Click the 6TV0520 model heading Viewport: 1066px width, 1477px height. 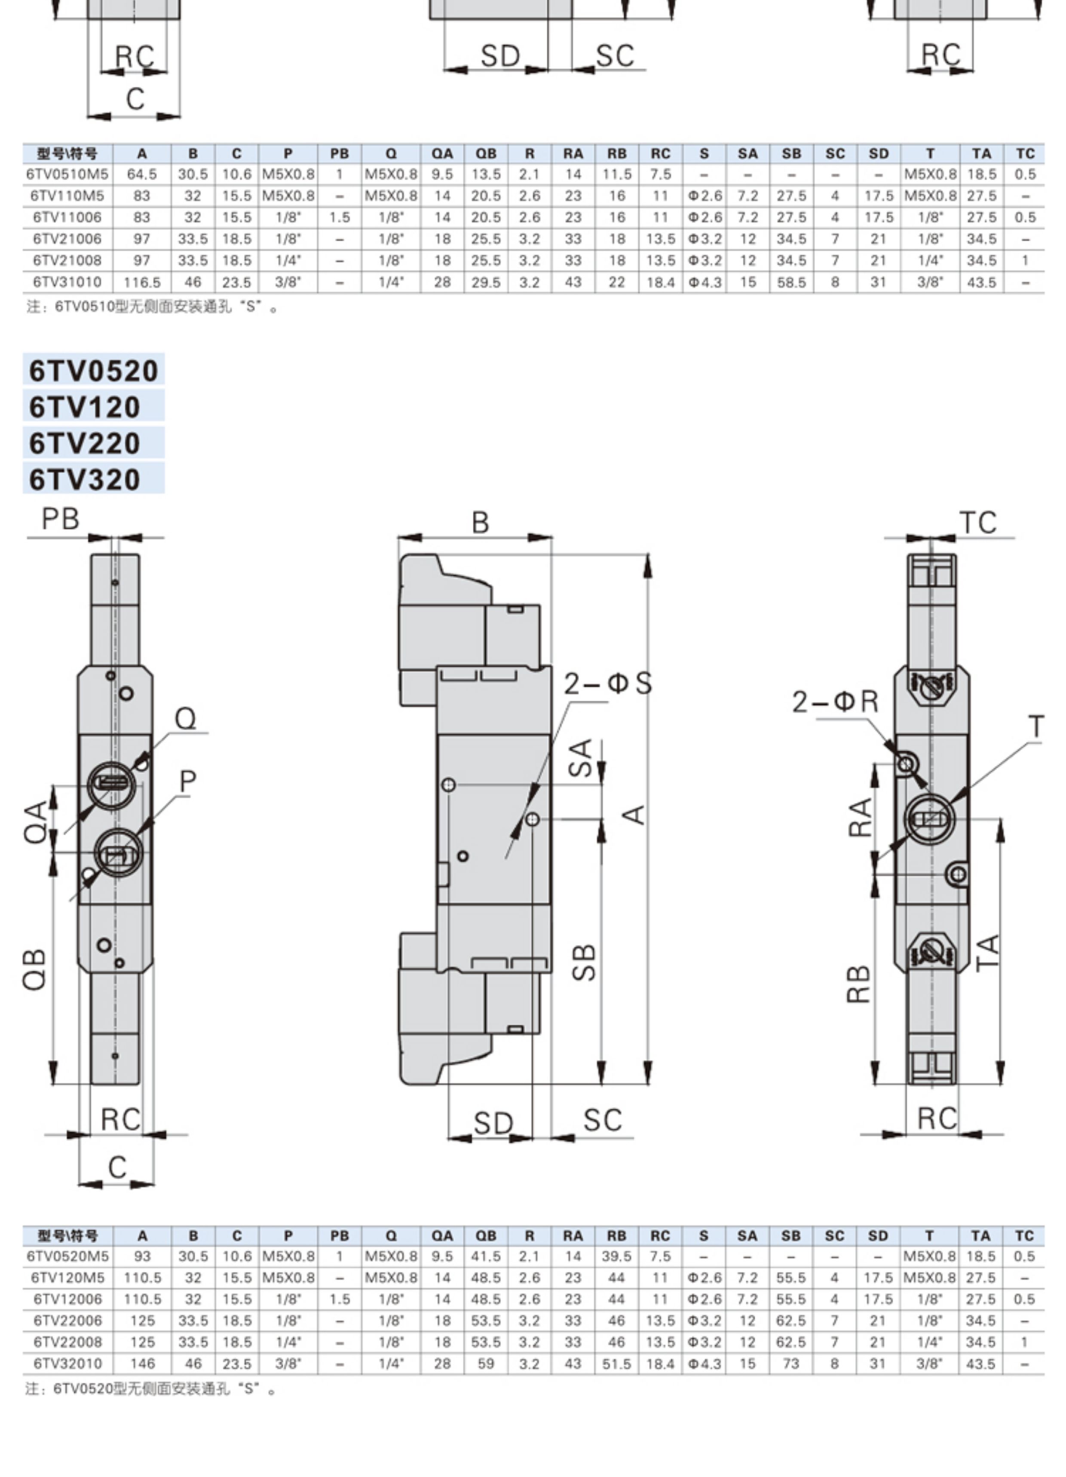click(94, 371)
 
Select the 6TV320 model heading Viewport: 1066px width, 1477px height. click(85, 479)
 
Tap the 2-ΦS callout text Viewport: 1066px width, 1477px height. click(607, 683)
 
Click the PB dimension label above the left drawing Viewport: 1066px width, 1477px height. click(61, 519)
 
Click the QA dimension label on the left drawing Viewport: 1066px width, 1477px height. click(37, 822)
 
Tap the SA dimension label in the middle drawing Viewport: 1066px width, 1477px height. click(581, 757)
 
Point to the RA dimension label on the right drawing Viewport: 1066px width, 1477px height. click(860, 817)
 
